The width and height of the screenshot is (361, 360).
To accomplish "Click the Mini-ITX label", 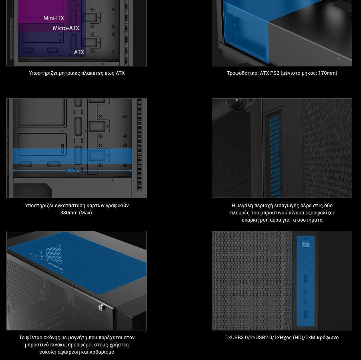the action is click(x=54, y=18).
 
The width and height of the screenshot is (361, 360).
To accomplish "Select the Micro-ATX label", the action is click(x=66, y=28).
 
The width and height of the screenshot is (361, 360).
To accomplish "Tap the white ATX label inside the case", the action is click(x=79, y=52).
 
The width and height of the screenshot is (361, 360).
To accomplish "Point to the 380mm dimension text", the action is click(x=74, y=170).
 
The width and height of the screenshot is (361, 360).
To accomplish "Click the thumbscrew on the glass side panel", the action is click(x=101, y=307).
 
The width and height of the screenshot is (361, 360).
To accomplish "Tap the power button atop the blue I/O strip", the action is click(x=305, y=243).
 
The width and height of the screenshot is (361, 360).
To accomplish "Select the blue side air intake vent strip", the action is click(x=275, y=156).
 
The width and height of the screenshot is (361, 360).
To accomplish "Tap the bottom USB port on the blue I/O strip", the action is click(x=305, y=315).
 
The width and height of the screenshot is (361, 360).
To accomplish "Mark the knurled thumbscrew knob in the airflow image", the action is click(x=233, y=103).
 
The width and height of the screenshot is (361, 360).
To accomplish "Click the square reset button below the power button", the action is click(x=305, y=261).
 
